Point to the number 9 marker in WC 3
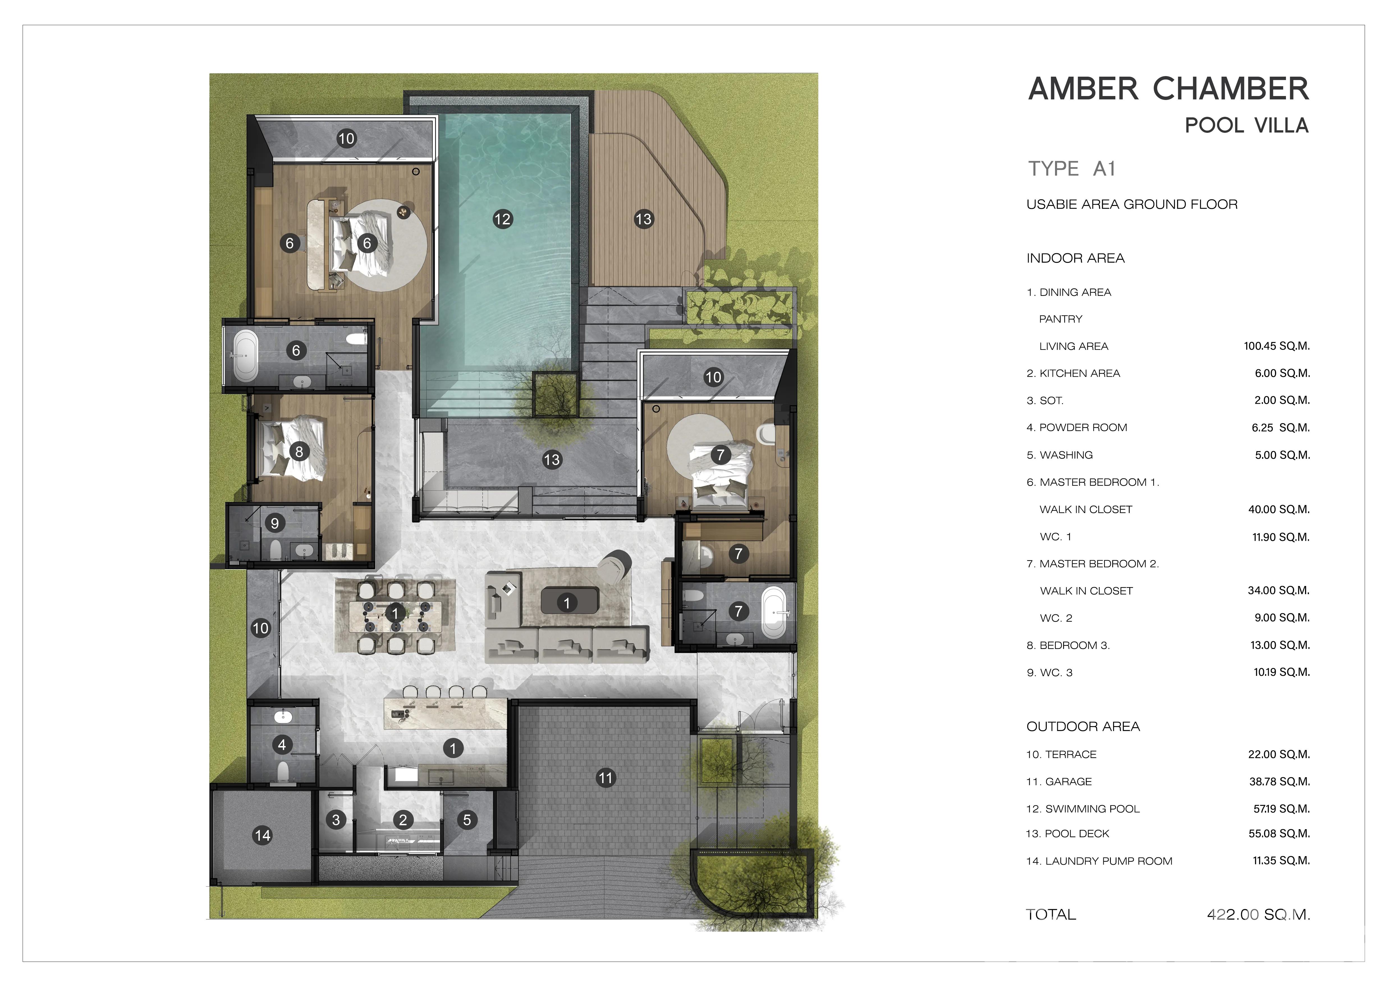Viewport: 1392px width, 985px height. tap(275, 523)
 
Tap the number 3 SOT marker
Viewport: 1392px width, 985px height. tap(336, 820)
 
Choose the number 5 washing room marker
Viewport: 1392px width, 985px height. tap(467, 820)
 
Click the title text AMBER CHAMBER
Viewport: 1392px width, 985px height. tap(1169, 89)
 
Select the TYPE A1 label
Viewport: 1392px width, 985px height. tap(1072, 169)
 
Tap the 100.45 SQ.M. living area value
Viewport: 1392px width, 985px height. tap(1277, 346)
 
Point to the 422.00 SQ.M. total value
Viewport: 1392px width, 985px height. tap(1259, 915)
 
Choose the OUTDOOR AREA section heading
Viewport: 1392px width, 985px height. tap(1083, 727)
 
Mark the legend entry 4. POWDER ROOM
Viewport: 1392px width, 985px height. tap(1077, 428)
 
